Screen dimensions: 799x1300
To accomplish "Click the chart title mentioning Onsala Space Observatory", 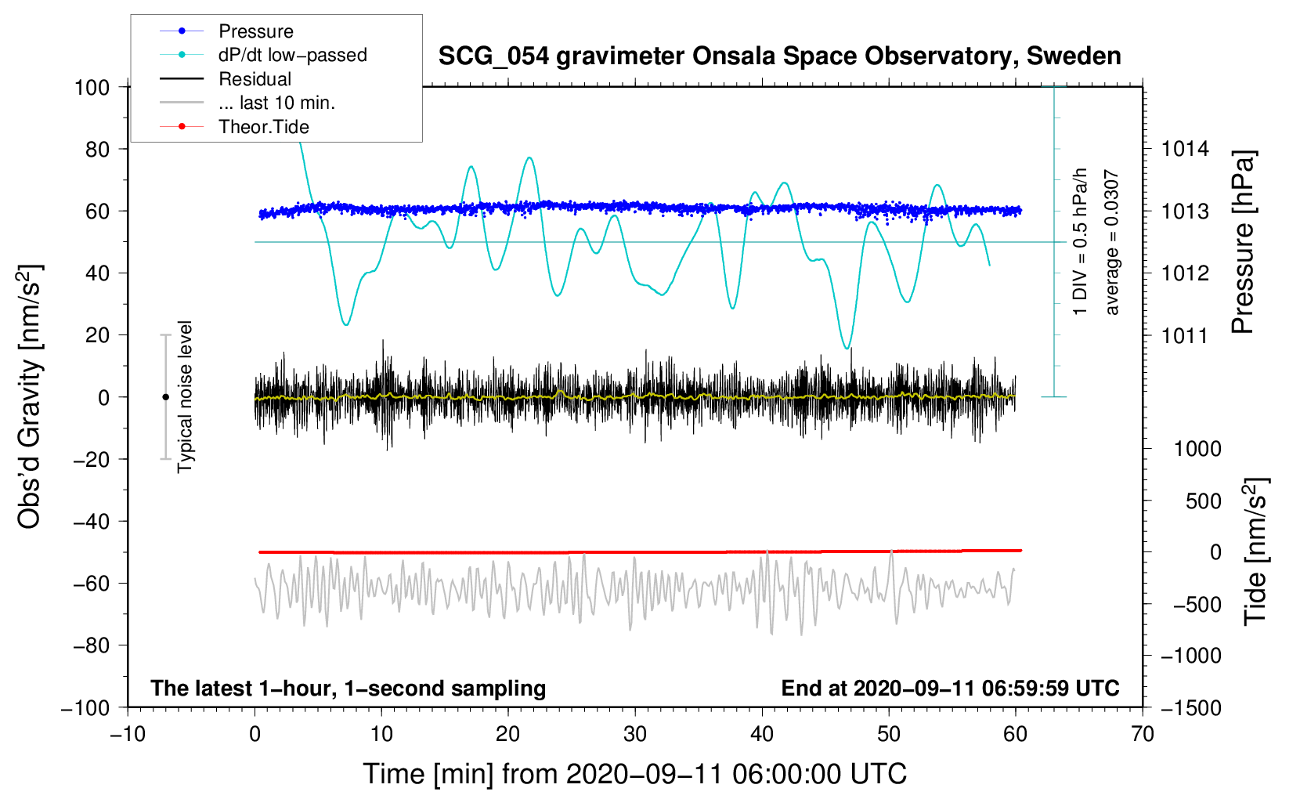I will pyautogui.click(x=779, y=56).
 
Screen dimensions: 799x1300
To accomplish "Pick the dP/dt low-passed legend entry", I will pyautogui.click(x=292, y=55).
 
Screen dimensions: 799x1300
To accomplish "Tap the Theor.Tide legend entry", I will pyautogui.click(x=263, y=127).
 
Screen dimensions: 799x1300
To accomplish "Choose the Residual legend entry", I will pyautogui.click(x=255, y=79).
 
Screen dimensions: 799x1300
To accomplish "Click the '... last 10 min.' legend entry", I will pyautogui.click(x=276, y=103).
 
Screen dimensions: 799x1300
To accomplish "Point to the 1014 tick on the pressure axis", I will pyautogui.click(x=1185, y=149).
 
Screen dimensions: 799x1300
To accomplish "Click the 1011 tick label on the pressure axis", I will pyautogui.click(x=1185, y=336).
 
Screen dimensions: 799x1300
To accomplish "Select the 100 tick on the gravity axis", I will pyautogui.click(x=92, y=87).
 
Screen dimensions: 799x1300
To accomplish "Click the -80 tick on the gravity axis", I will pyautogui.click(x=92, y=645).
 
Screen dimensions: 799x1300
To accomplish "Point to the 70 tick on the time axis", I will pyautogui.click(x=1143, y=734).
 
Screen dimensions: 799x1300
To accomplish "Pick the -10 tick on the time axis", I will pyautogui.click(x=128, y=734).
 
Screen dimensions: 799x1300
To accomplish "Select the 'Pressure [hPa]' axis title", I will pyautogui.click(x=1243, y=243).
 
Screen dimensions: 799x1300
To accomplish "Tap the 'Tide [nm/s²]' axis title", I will pyautogui.click(x=1255, y=551).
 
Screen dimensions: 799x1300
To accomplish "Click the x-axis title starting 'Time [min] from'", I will pyautogui.click(x=634, y=774).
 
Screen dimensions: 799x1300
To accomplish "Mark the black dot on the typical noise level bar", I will pyautogui.click(x=165, y=397).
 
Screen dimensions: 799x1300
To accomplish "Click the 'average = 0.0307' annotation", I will pyautogui.click(x=1112, y=243).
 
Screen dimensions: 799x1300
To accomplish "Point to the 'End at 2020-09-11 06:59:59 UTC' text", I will pyautogui.click(x=950, y=689).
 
